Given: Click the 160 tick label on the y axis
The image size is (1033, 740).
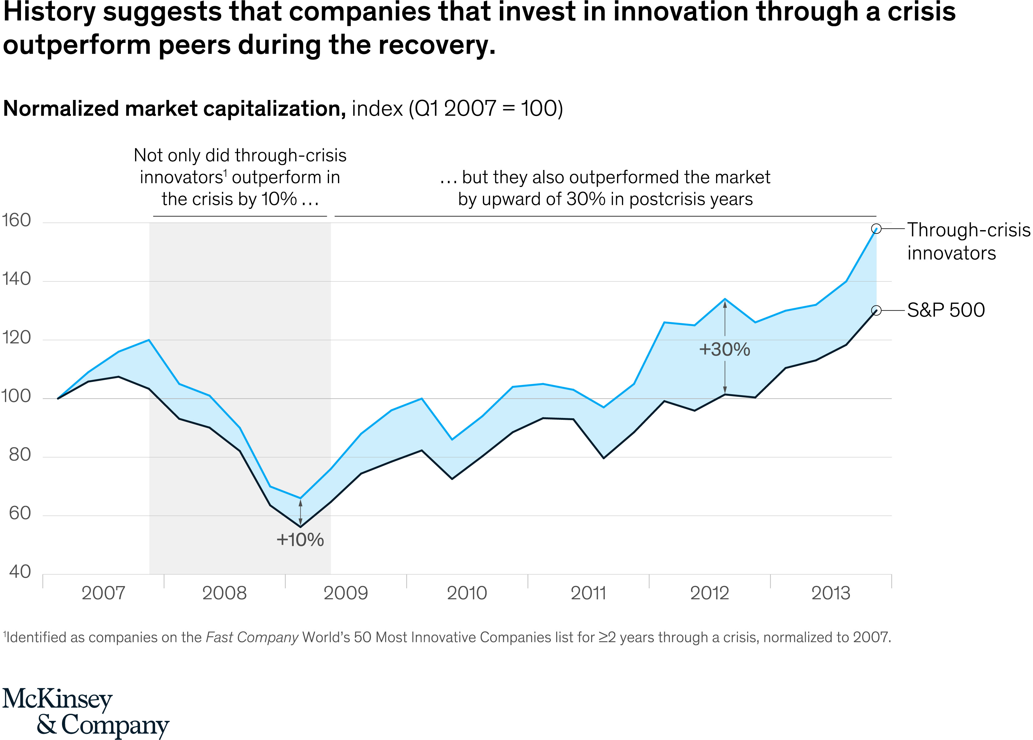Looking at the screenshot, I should (x=16, y=221).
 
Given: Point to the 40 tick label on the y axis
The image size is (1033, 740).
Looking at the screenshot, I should (x=20, y=572).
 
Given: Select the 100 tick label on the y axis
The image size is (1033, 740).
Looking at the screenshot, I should (x=16, y=396).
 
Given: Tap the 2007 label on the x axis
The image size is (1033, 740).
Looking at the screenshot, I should (x=103, y=593).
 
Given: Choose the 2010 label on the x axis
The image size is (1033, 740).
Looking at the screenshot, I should (x=467, y=593).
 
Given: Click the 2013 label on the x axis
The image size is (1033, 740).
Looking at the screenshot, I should (x=831, y=593).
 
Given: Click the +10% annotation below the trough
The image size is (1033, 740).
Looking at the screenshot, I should (x=300, y=540).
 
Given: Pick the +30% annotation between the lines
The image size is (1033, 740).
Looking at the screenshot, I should (x=725, y=349).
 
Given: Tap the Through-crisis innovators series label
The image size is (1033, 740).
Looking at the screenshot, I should (x=968, y=242).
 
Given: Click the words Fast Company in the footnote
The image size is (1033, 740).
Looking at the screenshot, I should (x=252, y=637).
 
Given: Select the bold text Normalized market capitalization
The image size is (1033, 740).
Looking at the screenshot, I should (x=175, y=109).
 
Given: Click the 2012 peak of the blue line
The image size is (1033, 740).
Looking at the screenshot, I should (x=725, y=299).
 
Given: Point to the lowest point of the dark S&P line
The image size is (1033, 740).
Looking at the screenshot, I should (x=300, y=527).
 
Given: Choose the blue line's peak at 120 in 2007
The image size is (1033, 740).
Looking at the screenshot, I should (x=149, y=340).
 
